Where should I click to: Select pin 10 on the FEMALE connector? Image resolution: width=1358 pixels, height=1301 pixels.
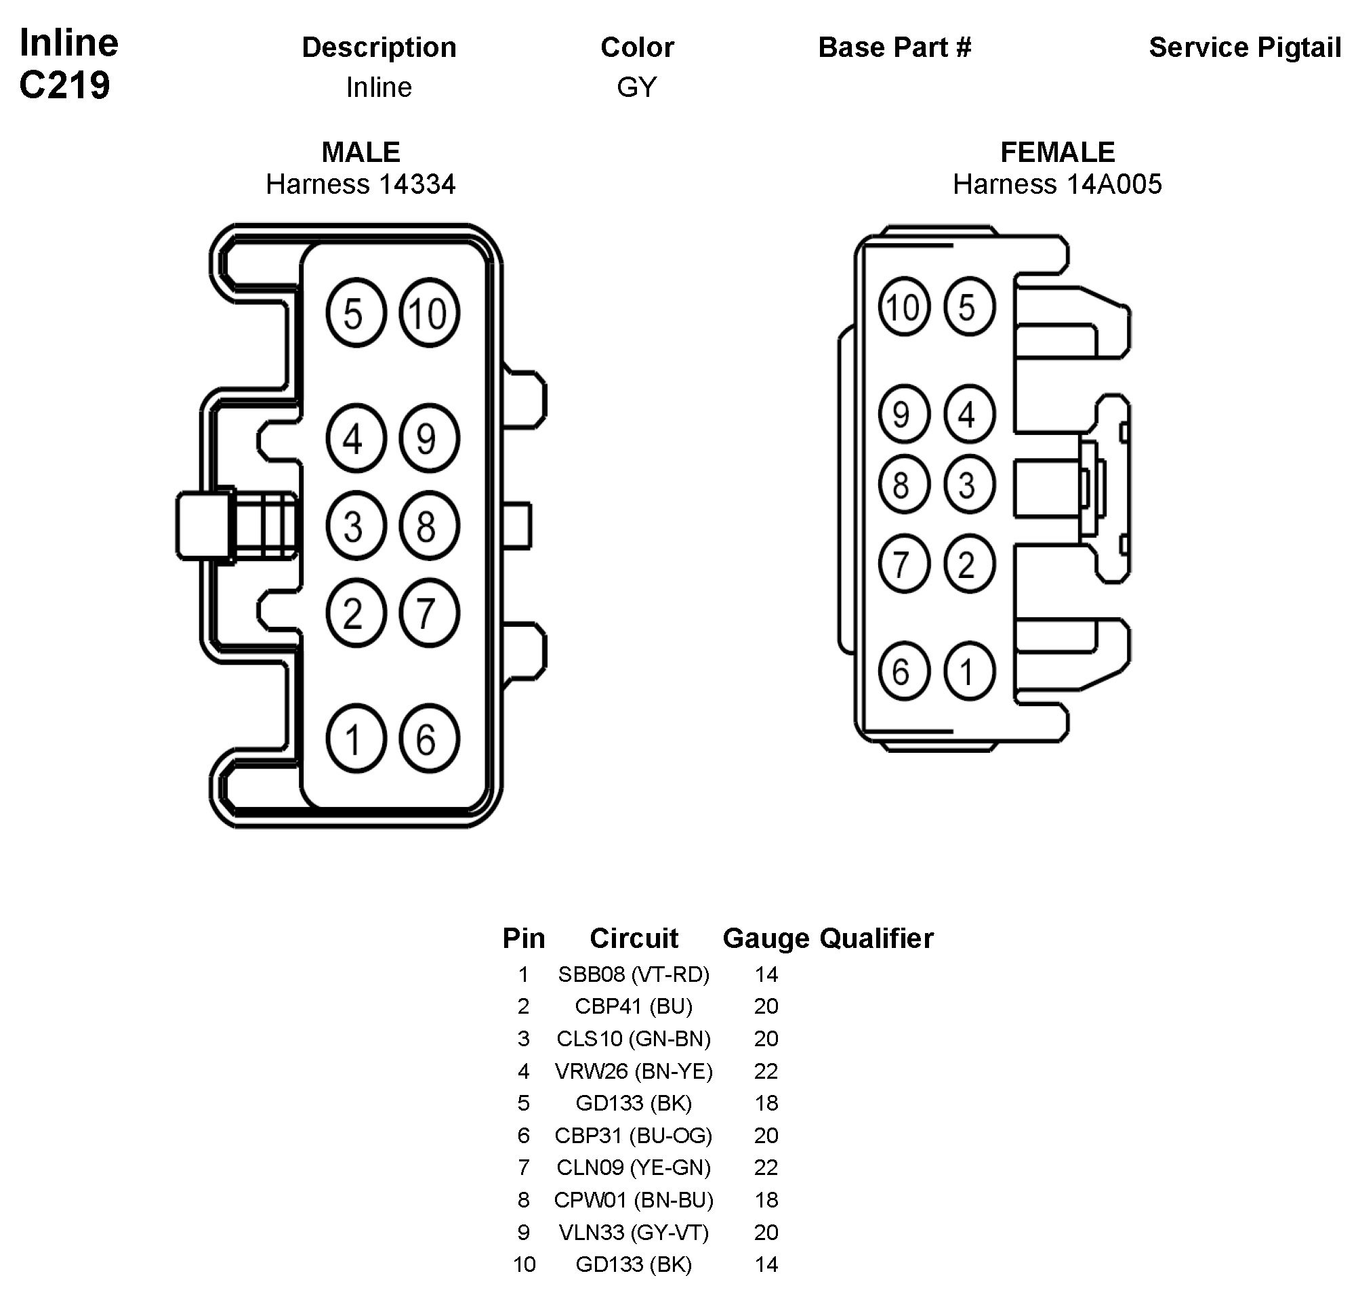point(903,306)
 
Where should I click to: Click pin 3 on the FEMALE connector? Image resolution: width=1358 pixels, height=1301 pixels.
point(968,484)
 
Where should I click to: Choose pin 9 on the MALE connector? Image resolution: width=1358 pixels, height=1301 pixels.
point(428,438)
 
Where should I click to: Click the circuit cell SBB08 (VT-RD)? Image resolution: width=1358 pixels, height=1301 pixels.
point(634,974)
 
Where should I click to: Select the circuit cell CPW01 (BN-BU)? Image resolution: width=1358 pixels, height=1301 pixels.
point(634,1199)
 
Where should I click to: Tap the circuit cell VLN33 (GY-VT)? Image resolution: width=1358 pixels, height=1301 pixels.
point(634,1232)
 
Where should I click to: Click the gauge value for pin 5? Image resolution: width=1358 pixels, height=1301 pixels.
point(766,1103)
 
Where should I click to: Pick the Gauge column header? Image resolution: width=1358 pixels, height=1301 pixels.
point(766,938)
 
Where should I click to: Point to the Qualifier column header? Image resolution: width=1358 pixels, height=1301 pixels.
point(876,938)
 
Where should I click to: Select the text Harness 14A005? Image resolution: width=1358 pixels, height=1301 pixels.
point(1056,184)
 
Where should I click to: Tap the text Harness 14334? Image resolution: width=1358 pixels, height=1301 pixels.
point(361,184)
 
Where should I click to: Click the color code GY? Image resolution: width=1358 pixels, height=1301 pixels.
point(636,87)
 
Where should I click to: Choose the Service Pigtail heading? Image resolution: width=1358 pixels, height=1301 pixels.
point(1244,47)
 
